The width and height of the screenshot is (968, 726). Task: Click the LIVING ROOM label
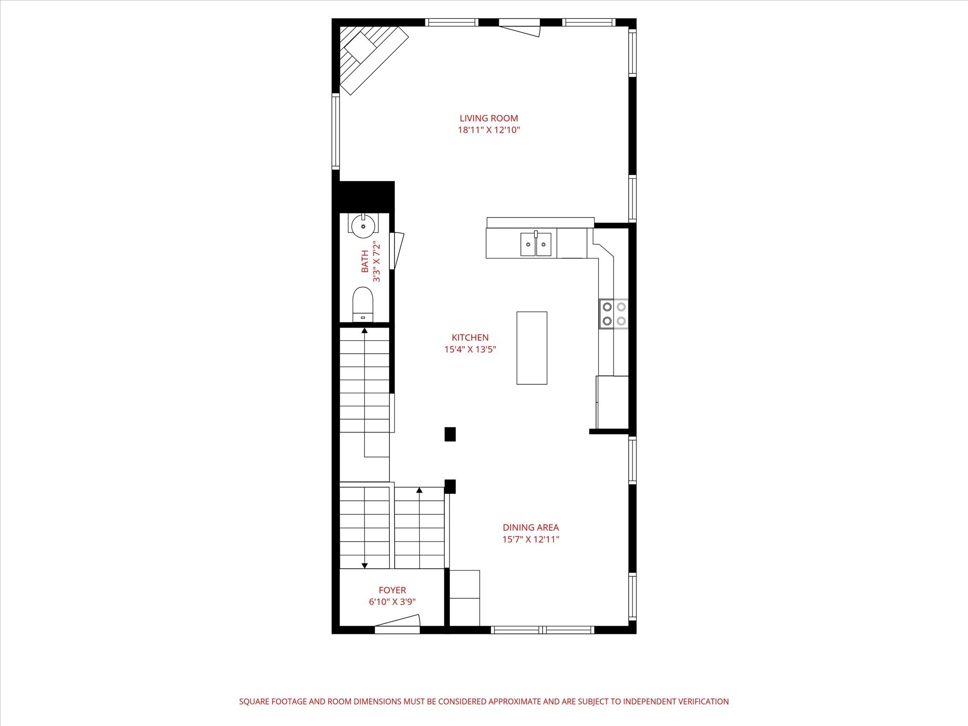click(489, 118)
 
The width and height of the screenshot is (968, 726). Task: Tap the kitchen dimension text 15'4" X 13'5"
click(470, 350)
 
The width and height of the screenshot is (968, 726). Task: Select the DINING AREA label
click(530, 527)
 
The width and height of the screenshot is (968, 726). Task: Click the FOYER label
click(392, 590)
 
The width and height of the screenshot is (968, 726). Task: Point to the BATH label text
click(365, 261)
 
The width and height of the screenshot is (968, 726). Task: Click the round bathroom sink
click(363, 224)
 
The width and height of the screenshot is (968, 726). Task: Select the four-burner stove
click(614, 314)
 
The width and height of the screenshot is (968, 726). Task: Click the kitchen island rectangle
click(531, 348)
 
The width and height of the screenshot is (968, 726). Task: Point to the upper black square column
click(450, 434)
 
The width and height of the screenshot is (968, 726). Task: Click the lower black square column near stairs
click(450, 486)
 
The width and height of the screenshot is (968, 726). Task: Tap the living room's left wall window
click(336, 131)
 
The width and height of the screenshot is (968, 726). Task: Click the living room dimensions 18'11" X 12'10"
click(489, 130)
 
